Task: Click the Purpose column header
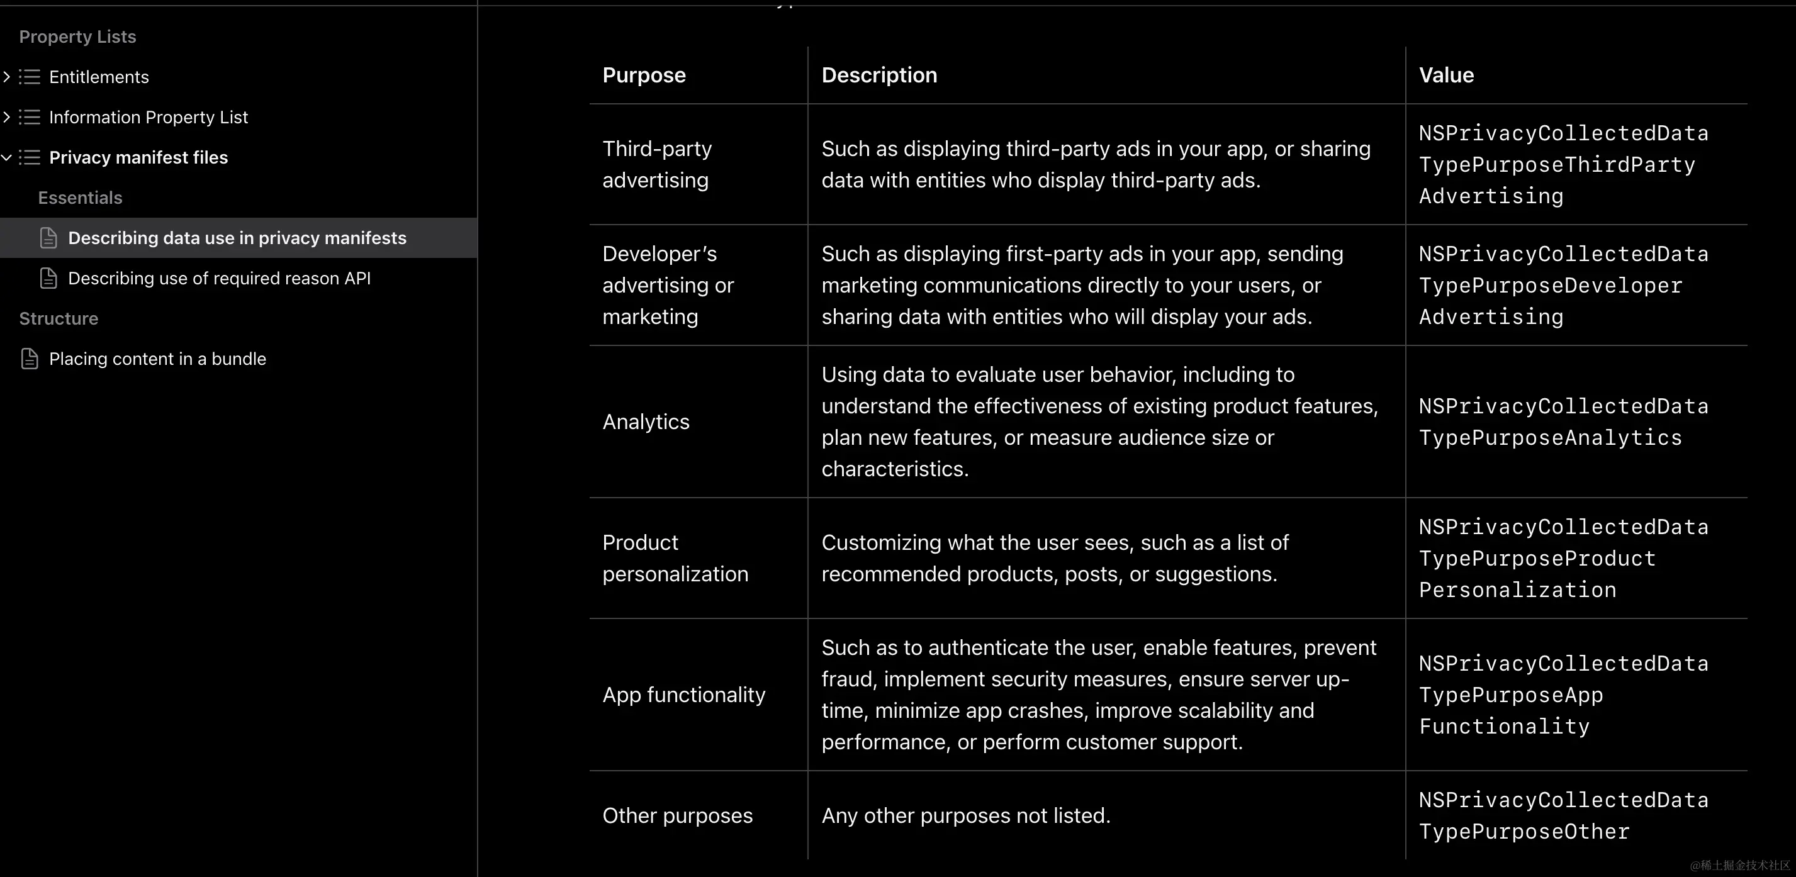644,75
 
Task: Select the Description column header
878,75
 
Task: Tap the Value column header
1446,75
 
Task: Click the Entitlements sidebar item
99,77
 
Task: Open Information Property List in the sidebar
149,117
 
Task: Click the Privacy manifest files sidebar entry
138,157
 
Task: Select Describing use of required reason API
219,278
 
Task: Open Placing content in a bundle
157,359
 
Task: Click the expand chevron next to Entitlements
7,77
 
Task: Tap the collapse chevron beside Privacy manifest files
7,157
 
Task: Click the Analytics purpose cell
646,422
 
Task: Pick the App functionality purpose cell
683,695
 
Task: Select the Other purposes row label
677,815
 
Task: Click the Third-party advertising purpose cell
657,165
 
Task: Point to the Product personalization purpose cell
674,557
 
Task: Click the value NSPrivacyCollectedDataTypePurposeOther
1563,815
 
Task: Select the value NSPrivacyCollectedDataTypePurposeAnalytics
1563,422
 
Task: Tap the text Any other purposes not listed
965,815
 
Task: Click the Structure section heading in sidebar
59,318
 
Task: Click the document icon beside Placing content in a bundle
30,359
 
